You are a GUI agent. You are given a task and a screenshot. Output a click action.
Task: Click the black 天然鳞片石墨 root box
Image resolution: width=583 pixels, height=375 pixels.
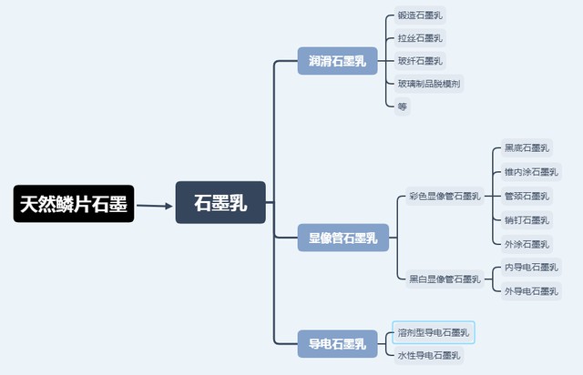pos(74,206)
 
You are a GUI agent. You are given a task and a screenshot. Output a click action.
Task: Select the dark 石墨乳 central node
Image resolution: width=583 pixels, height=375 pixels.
pos(220,203)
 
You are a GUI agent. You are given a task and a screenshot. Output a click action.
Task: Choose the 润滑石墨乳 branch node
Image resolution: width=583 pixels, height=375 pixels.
pos(337,62)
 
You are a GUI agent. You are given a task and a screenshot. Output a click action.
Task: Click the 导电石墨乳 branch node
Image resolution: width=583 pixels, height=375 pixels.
pos(337,343)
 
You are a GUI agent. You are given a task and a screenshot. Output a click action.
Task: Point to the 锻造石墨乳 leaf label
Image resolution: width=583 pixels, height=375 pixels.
pos(420,15)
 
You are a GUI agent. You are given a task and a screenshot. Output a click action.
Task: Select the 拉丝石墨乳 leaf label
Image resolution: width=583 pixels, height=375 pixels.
pos(420,38)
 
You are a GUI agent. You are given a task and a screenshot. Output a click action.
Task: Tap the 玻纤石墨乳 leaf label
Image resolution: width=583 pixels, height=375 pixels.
pos(420,61)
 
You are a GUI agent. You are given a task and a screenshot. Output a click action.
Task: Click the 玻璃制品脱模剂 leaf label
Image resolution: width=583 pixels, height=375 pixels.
pos(429,84)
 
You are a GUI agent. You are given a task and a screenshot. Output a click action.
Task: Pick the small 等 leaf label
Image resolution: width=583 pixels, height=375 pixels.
pos(403,106)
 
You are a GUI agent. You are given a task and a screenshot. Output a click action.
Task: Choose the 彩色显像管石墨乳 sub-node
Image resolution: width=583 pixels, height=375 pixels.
pos(444,196)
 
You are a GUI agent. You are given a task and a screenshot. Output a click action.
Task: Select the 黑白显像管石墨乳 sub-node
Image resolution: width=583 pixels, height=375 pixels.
pos(444,279)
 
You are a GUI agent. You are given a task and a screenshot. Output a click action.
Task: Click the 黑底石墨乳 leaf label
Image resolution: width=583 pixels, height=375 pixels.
pos(527,147)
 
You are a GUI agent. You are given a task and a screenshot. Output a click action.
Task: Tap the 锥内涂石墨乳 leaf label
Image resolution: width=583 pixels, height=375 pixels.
pos(530,172)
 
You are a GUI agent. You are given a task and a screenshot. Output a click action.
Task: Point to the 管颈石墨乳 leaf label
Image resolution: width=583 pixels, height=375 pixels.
pos(527,196)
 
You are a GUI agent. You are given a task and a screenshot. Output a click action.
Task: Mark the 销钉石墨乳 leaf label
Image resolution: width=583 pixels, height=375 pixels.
pos(527,219)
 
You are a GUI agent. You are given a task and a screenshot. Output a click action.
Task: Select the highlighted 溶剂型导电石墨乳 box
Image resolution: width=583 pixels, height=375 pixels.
pos(434,332)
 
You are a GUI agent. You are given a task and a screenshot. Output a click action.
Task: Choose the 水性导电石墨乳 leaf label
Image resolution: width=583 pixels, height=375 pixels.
pos(429,355)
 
